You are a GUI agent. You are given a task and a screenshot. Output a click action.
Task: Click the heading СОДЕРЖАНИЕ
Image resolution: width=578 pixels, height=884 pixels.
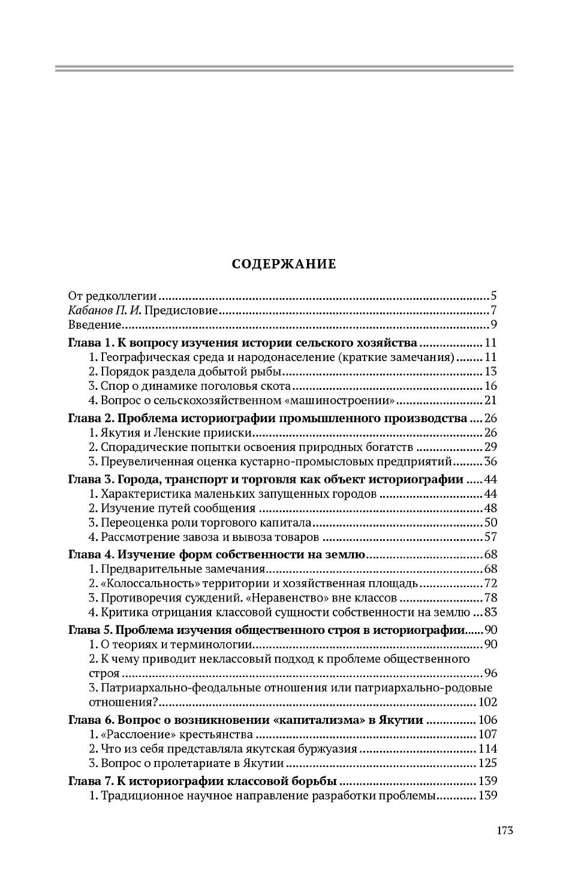[x=284, y=264]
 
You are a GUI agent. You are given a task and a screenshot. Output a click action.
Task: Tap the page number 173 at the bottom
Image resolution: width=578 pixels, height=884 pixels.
[x=504, y=831]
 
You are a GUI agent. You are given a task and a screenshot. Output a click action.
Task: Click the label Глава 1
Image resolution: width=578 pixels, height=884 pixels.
[x=90, y=344]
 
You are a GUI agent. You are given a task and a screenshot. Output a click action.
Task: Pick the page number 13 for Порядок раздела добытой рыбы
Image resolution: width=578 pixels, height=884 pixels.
[x=491, y=372]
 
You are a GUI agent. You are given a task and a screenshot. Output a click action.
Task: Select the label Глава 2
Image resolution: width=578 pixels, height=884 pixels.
[x=90, y=418]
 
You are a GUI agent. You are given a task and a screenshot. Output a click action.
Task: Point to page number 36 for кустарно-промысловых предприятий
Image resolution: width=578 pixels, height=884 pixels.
[x=490, y=462]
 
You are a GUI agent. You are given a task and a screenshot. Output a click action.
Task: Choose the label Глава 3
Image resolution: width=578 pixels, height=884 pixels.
[x=90, y=480]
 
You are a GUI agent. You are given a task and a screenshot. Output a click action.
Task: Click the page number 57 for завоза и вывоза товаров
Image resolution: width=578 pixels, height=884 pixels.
[x=490, y=537]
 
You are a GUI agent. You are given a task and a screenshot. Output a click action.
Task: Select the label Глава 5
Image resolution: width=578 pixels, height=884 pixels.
[x=90, y=630]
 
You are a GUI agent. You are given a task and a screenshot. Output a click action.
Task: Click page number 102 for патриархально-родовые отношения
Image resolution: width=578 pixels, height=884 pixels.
[x=487, y=702]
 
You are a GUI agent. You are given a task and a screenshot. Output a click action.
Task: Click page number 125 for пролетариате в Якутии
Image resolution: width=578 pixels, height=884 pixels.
[x=487, y=764]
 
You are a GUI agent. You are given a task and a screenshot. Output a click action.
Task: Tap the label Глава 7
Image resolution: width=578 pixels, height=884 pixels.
[x=90, y=781]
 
